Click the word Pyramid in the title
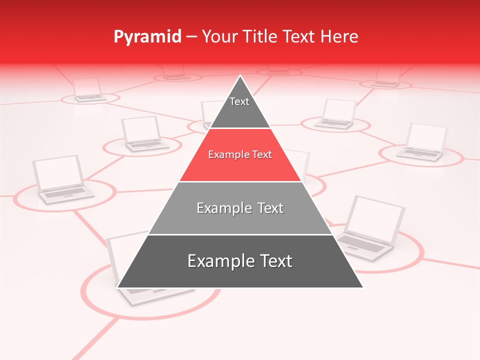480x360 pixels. (147, 37)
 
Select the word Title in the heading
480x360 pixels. (263, 37)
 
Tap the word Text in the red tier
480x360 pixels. (259, 155)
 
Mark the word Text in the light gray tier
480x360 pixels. (269, 208)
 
